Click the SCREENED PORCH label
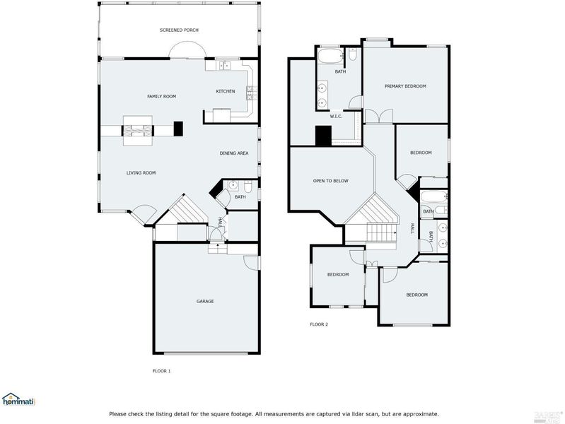click(x=179, y=30)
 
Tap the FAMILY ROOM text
click(x=161, y=96)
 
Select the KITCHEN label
click(x=225, y=91)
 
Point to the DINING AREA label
click(x=234, y=153)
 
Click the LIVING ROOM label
click(x=141, y=173)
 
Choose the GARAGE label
click(x=205, y=301)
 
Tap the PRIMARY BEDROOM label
click(x=405, y=86)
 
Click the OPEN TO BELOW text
click(x=331, y=181)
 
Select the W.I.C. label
click(x=336, y=117)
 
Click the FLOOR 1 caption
click(x=161, y=371)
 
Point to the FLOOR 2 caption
click(x=319, y=324)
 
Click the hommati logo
click(x=18, y=399)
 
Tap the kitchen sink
click(x=225, y=66)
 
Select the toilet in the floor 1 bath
click(x=248, y=187)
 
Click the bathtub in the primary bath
click(x=330, y=57)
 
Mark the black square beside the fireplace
click(x=178, y=129)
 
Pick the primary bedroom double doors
click(x=379, y=116)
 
